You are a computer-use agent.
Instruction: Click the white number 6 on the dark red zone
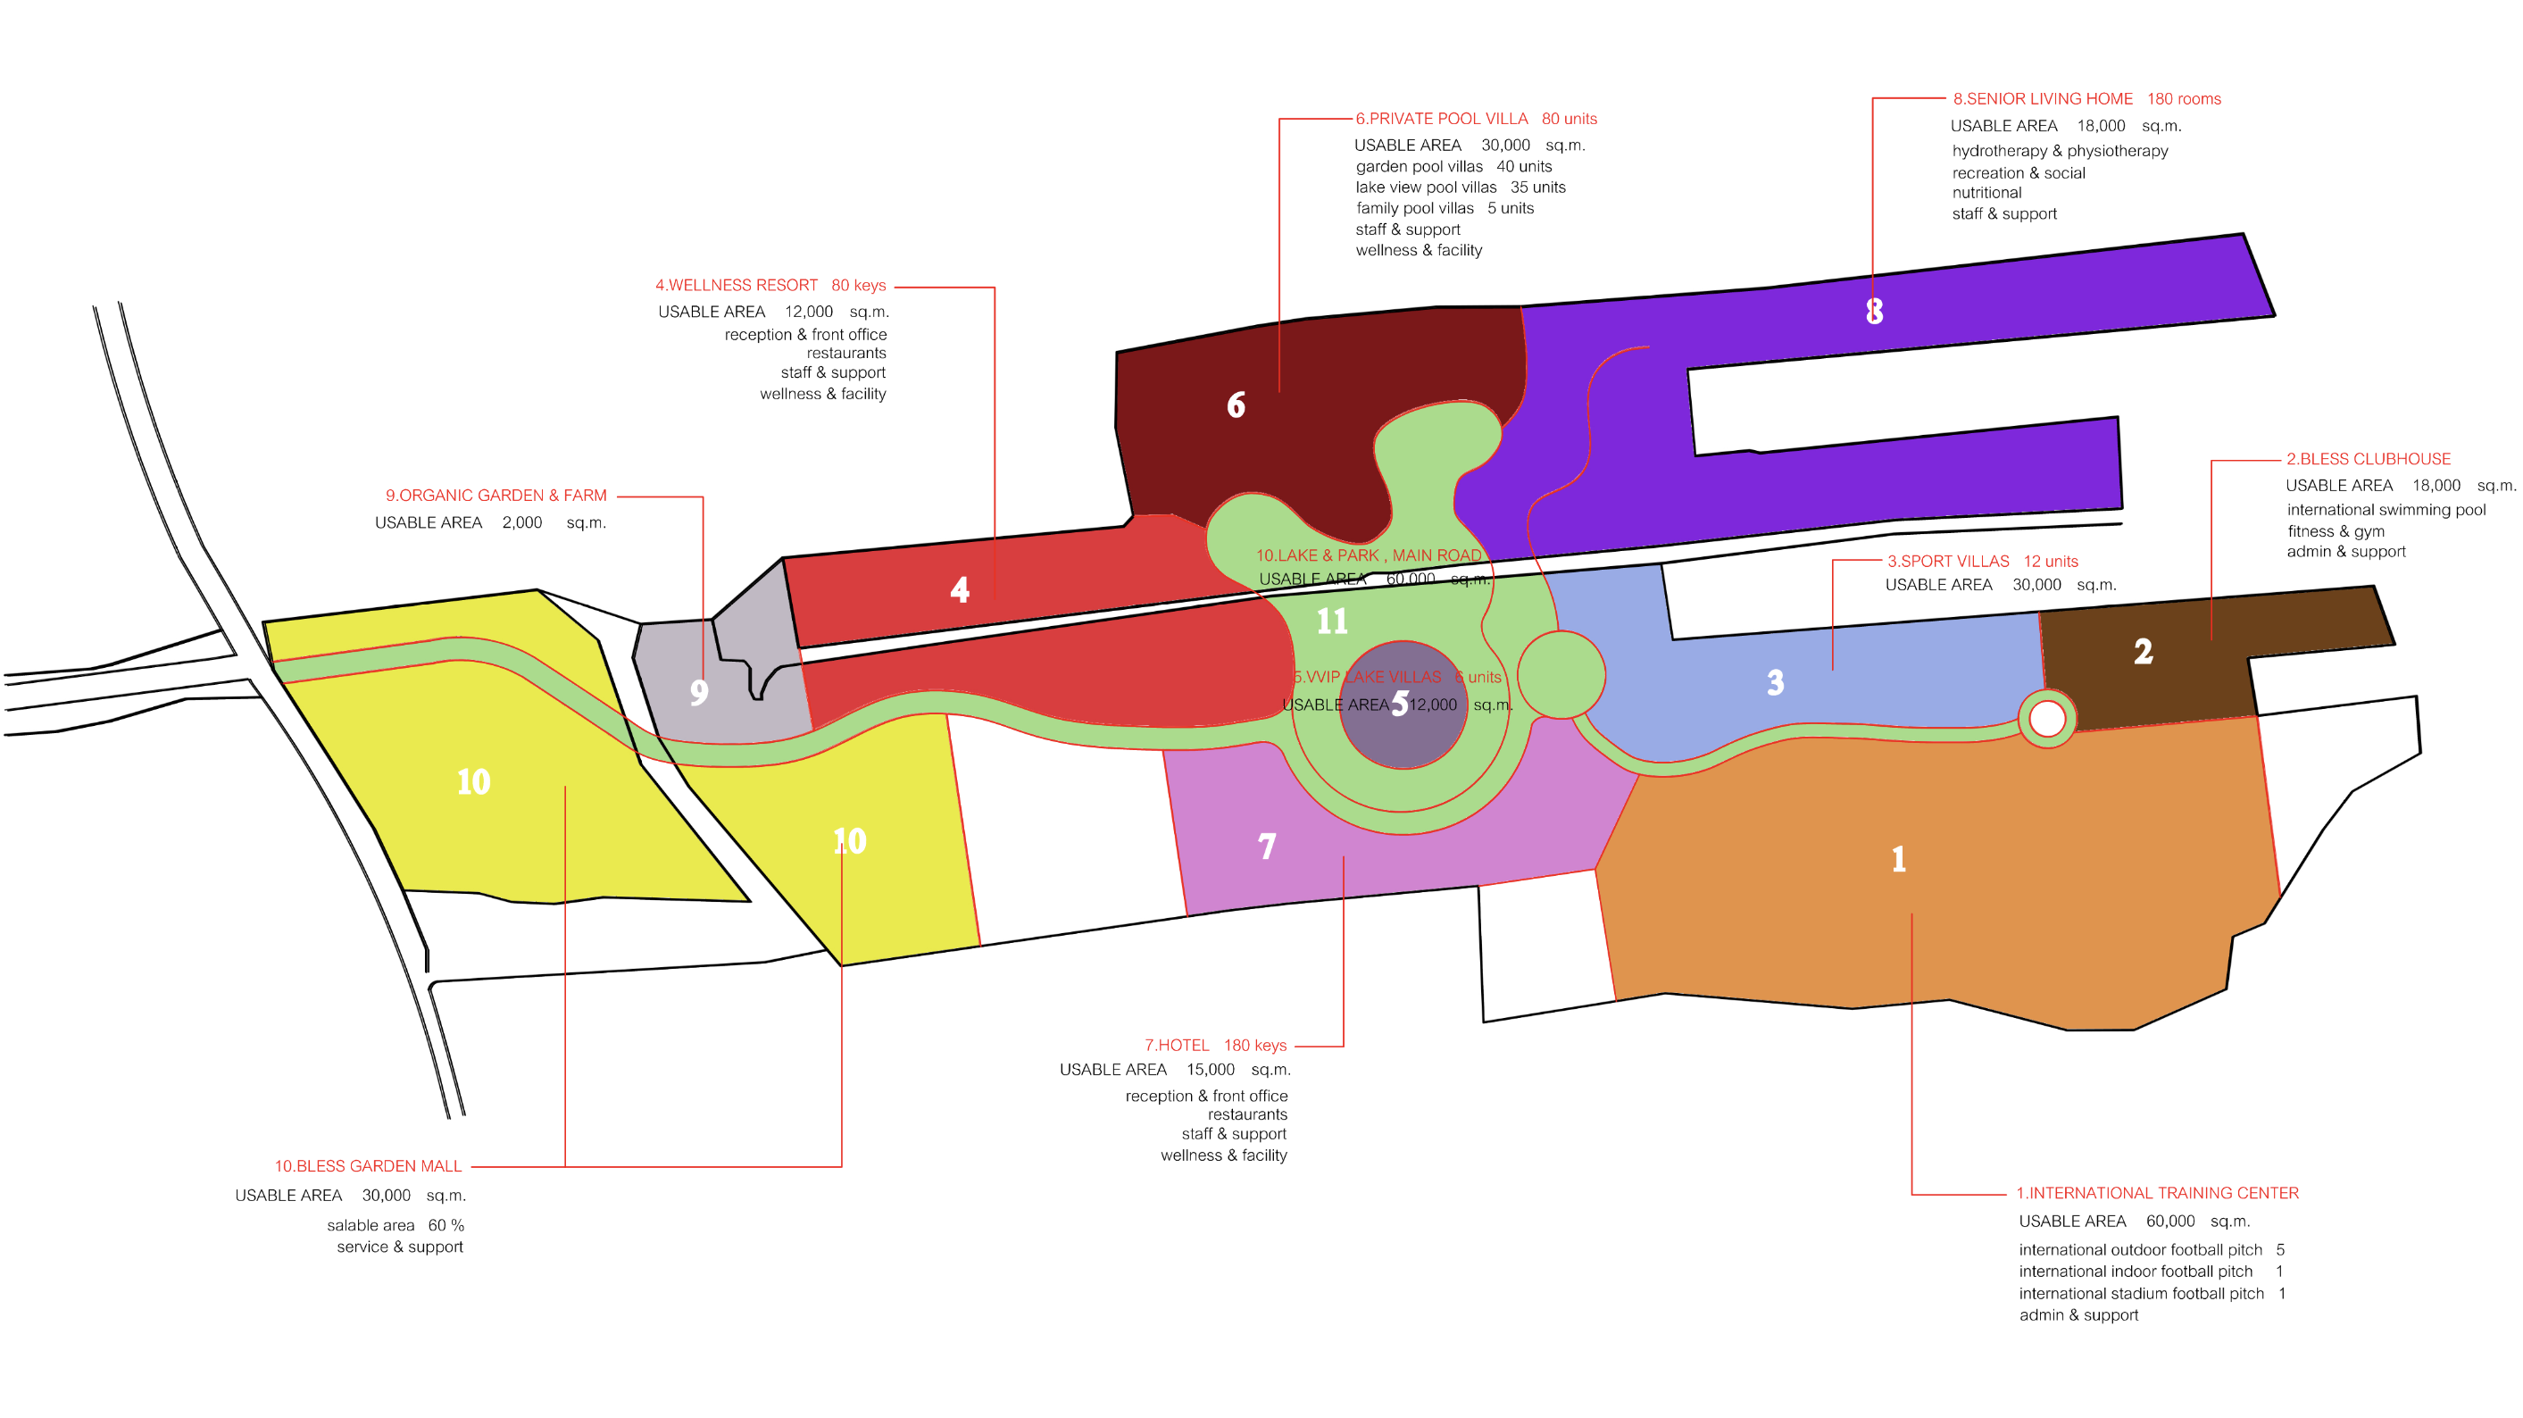[x=1236, y=405]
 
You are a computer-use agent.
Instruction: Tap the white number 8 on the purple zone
[x=1874, y=312]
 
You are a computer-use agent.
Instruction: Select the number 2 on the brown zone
[x=2143, y=651]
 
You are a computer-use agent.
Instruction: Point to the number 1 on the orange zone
[x=1898, y=859]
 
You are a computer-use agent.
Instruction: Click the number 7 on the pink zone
[x=1266, y=845]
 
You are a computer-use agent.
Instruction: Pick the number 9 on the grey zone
[x=698, y=692]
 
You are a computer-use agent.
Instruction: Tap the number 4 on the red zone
[x=960, y=588]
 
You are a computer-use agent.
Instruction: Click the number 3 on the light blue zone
[x=1775, y=681]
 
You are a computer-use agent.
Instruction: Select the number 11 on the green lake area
[x=1331, y=621]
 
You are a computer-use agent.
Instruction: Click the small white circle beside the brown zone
[x=2047, y=719]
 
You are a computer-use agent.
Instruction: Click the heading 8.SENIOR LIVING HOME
[x=2042, y=99]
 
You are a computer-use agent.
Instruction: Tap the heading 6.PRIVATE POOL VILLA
[x=1441, y=119]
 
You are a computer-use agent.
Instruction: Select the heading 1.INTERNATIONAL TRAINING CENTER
[x=2157, y=1193]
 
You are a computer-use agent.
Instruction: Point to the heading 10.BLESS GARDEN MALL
[x=367, y=1165]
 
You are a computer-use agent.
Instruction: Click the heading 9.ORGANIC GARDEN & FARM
[x=495, y=496]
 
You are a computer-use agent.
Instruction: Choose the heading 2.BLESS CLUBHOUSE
[x=2368, y=458]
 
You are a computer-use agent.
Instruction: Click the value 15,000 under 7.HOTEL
[x=1210, y=1070]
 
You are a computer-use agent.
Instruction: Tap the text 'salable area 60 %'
[x=395, y=1225]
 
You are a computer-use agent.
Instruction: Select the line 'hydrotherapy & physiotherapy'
[x=2059, y=151]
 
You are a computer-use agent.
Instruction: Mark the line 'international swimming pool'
[x=2386, y=509]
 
